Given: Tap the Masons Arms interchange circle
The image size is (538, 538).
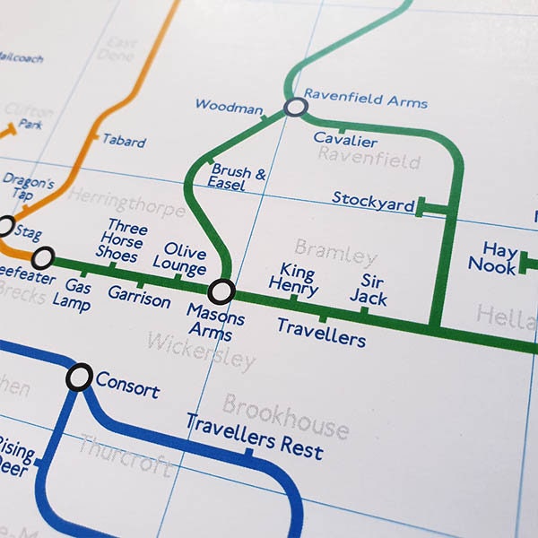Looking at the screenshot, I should [x=221, y=291].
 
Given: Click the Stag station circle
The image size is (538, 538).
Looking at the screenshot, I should [x=4, y=225].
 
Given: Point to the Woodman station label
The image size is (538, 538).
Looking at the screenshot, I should [x=229, y=107].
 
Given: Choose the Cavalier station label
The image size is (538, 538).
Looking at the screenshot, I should [x=345, y=140].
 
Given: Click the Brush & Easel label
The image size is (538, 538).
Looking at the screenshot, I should [x=237, y=176].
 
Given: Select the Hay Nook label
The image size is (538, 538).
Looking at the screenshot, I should [x=494, y=256].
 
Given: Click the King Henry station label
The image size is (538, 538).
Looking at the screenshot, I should [x=298, y=278].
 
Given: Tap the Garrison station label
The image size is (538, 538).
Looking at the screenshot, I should [x=139, y=297].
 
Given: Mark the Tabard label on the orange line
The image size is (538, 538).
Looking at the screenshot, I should [x=123, y=141].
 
